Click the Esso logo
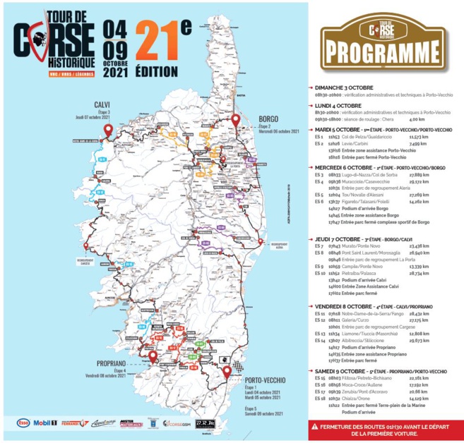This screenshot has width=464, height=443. pyautogui.click(x=26, y=423)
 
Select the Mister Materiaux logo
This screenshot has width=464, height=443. pyautogui.click(x=131, y=423)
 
